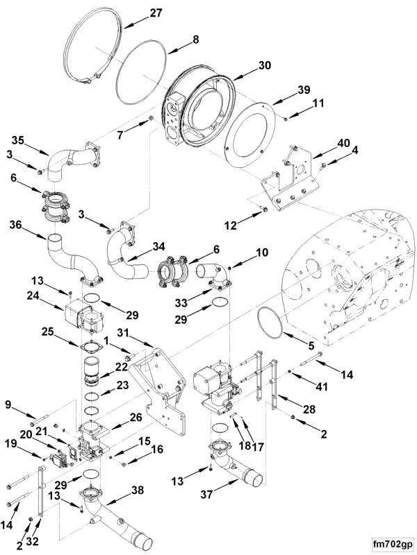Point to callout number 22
122,367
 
